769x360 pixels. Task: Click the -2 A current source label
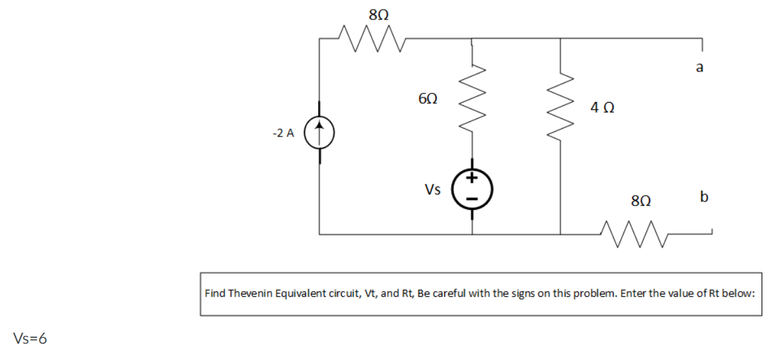point(283,133)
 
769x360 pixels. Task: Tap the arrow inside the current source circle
point(319,133)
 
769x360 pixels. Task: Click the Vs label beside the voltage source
point(433,190)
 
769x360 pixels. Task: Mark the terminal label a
point(700,67)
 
